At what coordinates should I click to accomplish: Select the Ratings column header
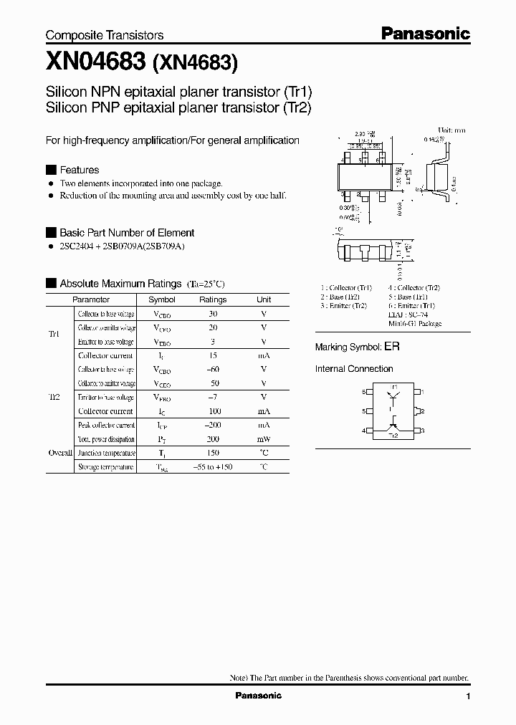212,300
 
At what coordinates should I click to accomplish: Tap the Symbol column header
161,300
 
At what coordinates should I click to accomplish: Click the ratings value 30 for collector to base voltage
212,314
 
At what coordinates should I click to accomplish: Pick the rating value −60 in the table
212,369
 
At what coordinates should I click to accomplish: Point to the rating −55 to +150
212,467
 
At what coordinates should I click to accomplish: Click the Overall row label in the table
59,453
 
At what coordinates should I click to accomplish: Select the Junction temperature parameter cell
106,453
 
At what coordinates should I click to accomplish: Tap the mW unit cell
264,439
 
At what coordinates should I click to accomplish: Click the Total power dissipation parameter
106,439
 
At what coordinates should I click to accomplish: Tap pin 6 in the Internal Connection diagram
364,392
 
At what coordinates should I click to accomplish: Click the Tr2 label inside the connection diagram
393,436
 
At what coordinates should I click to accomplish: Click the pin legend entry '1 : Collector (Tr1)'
346,288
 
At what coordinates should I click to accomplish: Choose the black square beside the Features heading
50,170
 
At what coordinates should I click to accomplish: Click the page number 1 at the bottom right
468,696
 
